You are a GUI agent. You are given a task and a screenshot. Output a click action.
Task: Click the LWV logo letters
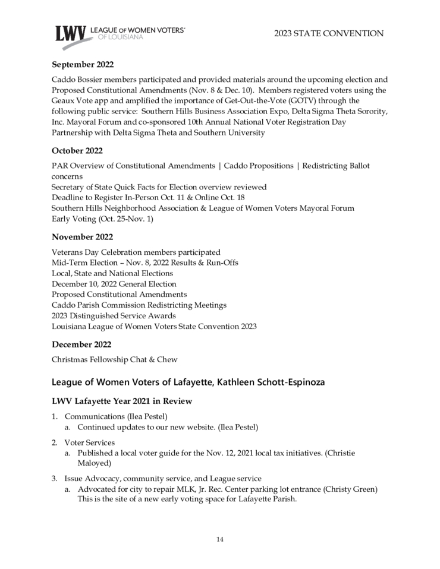click(x=70, y=35)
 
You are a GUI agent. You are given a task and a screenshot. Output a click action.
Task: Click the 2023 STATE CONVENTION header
click(x=329, y=34)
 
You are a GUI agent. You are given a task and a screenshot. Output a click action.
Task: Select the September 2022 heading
click(x=83, y=65)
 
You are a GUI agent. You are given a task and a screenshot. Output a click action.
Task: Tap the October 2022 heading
click(x=77, y=151)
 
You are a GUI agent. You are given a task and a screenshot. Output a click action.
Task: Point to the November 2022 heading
click(x=81, y=238)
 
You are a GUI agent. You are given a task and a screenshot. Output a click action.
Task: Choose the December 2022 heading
click(x=81, y=344)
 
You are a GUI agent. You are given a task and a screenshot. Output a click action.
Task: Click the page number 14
click(x=219, y=539)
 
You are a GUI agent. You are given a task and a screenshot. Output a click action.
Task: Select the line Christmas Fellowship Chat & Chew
click(x=114, y=359)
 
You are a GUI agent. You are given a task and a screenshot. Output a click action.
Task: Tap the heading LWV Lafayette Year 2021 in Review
click(x=122, y=402)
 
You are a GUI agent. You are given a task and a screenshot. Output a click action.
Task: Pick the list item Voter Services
click(x=90, y=442)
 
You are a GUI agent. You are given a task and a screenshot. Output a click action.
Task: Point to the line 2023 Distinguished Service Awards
click(x=114, y=315)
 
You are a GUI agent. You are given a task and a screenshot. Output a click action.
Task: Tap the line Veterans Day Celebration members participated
click(x=136, y=252)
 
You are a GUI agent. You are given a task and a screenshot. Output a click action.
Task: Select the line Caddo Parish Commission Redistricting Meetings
click(x=139, y=305)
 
